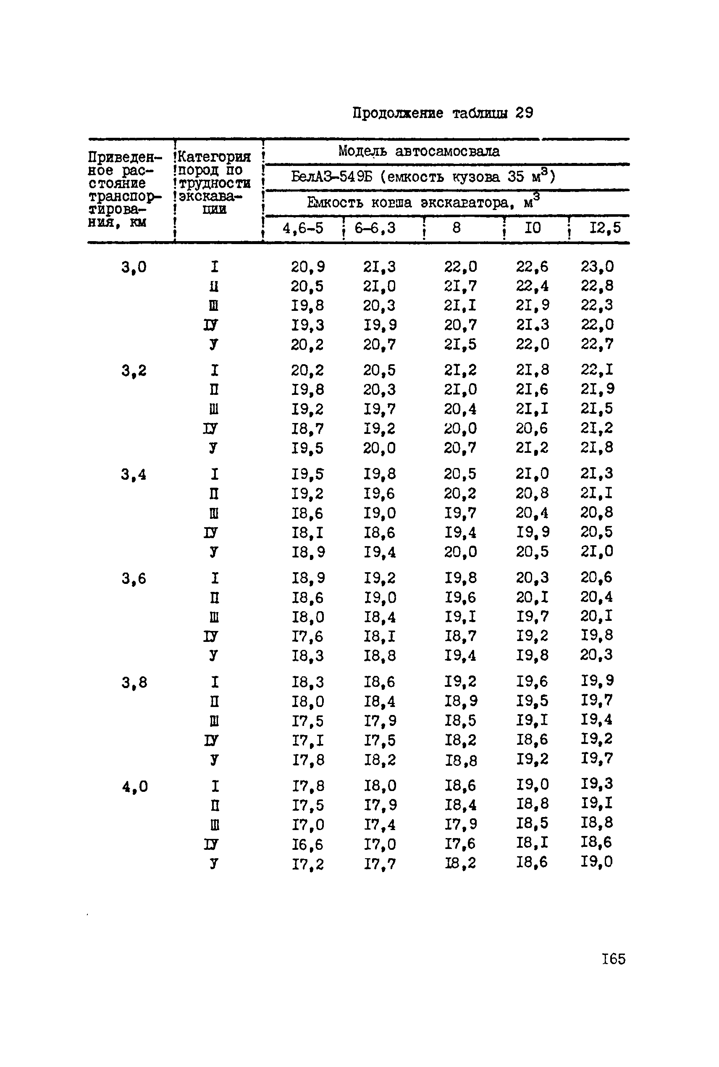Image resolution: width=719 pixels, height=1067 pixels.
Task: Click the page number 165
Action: [613, 959]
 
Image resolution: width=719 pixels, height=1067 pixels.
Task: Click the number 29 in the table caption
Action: [524, 113]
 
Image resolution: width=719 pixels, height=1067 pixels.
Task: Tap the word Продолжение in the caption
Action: [398, 113]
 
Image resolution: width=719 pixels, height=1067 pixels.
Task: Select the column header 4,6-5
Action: [303, 228]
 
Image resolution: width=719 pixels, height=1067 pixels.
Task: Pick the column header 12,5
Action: [605, 227]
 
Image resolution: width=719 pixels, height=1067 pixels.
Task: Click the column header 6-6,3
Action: [375, 228]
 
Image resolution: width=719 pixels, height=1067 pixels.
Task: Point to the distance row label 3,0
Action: [134, 267]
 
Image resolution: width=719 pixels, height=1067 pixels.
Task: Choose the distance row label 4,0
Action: [135, 787]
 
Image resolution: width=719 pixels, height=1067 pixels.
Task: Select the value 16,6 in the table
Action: [308, 844]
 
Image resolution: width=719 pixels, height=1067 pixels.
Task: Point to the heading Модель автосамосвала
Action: [419, 151]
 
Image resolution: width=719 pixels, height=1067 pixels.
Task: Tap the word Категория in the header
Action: [214, 157]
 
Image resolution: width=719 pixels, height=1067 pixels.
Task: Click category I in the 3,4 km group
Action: [214, 474]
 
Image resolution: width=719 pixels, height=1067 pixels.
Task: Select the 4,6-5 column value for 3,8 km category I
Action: [308, 682]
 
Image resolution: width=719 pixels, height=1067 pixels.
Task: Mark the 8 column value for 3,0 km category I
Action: [460, 266]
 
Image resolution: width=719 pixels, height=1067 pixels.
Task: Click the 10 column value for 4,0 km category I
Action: [532, 786]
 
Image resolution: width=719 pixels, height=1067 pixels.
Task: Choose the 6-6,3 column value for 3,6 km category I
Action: [380, 578]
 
